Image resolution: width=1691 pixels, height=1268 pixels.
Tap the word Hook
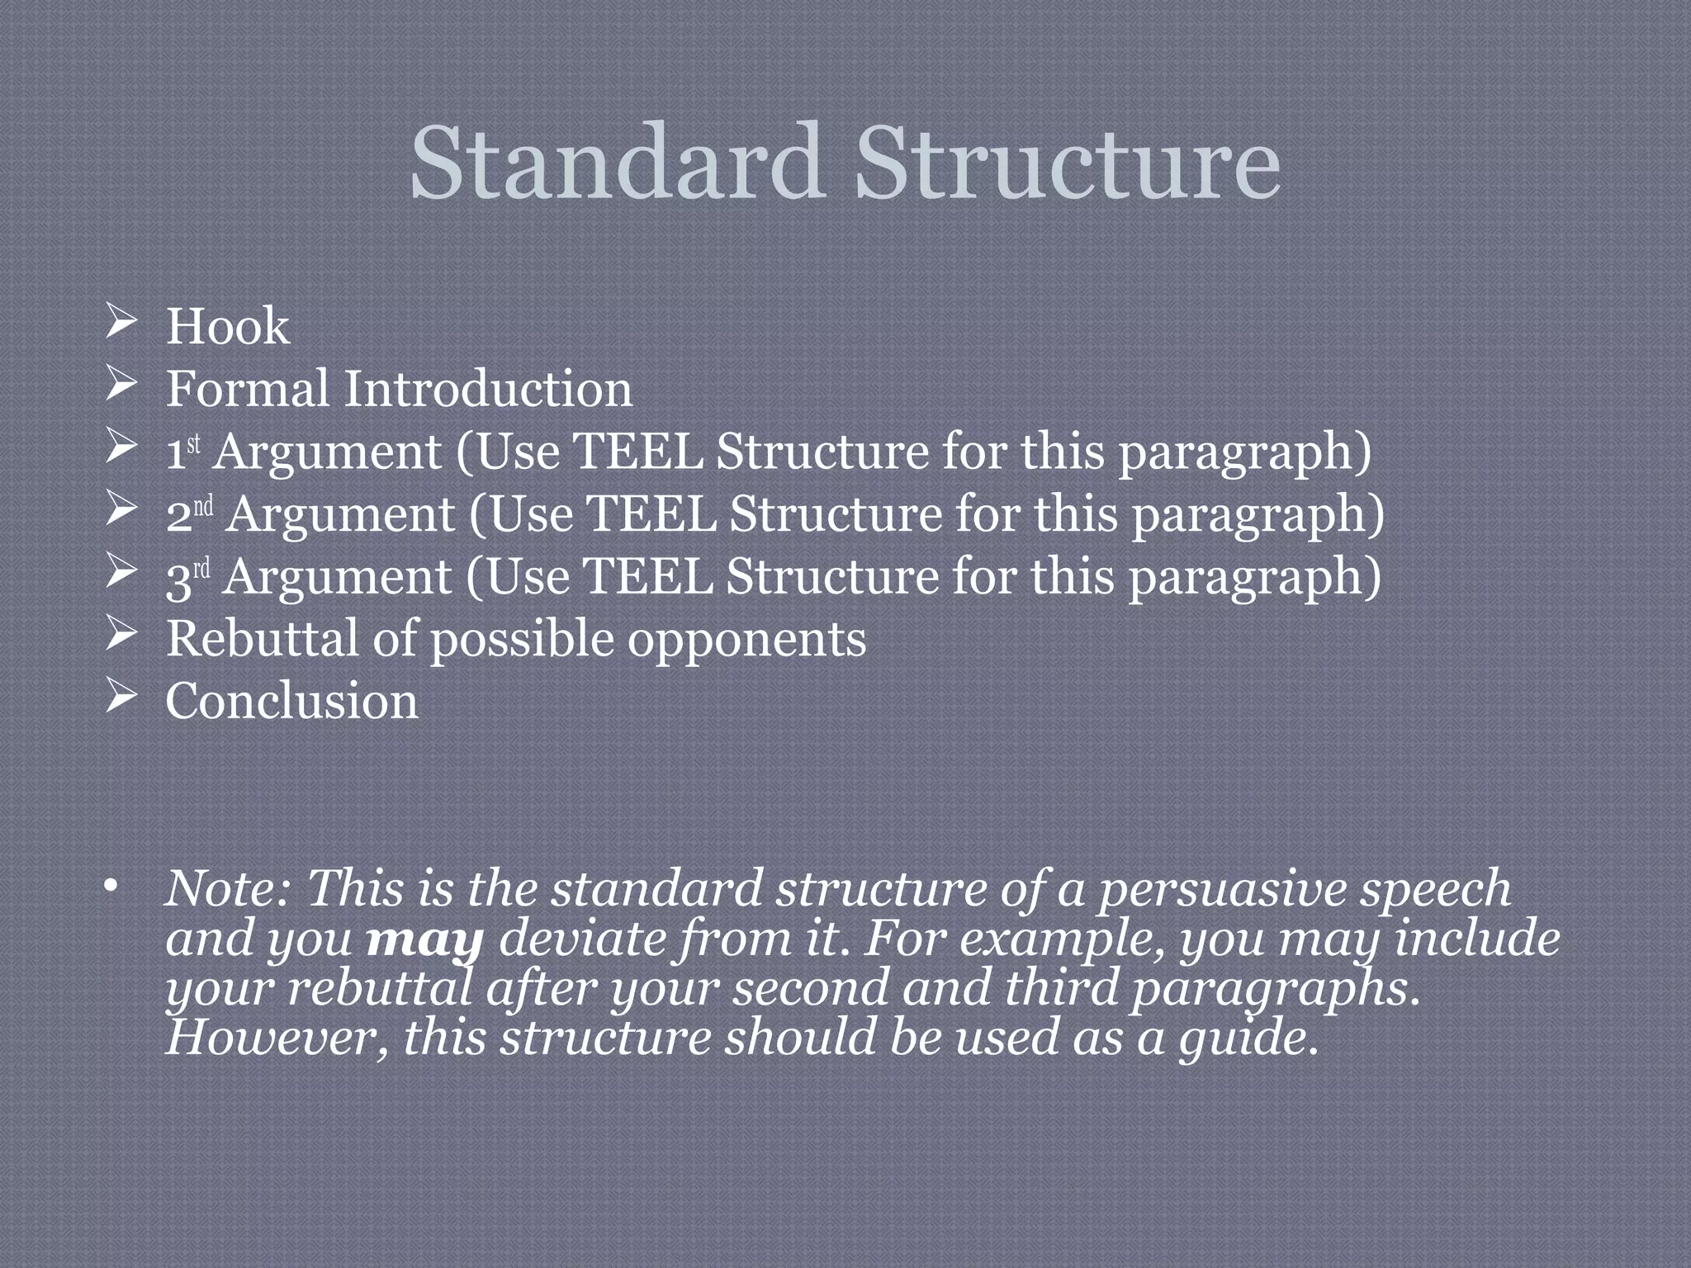(228, 327)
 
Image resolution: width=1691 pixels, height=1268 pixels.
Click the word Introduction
(488, 389)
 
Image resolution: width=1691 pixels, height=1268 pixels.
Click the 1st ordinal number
(183, 452)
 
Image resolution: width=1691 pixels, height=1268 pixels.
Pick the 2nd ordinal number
(189, 514)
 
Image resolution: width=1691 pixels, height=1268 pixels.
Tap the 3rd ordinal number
(188, 577)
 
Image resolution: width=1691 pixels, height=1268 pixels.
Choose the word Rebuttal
(263, 639)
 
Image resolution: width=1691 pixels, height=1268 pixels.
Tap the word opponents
(746, 641)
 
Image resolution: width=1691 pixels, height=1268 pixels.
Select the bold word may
(424, 940)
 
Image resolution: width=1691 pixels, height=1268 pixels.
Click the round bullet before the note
(111, 887)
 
